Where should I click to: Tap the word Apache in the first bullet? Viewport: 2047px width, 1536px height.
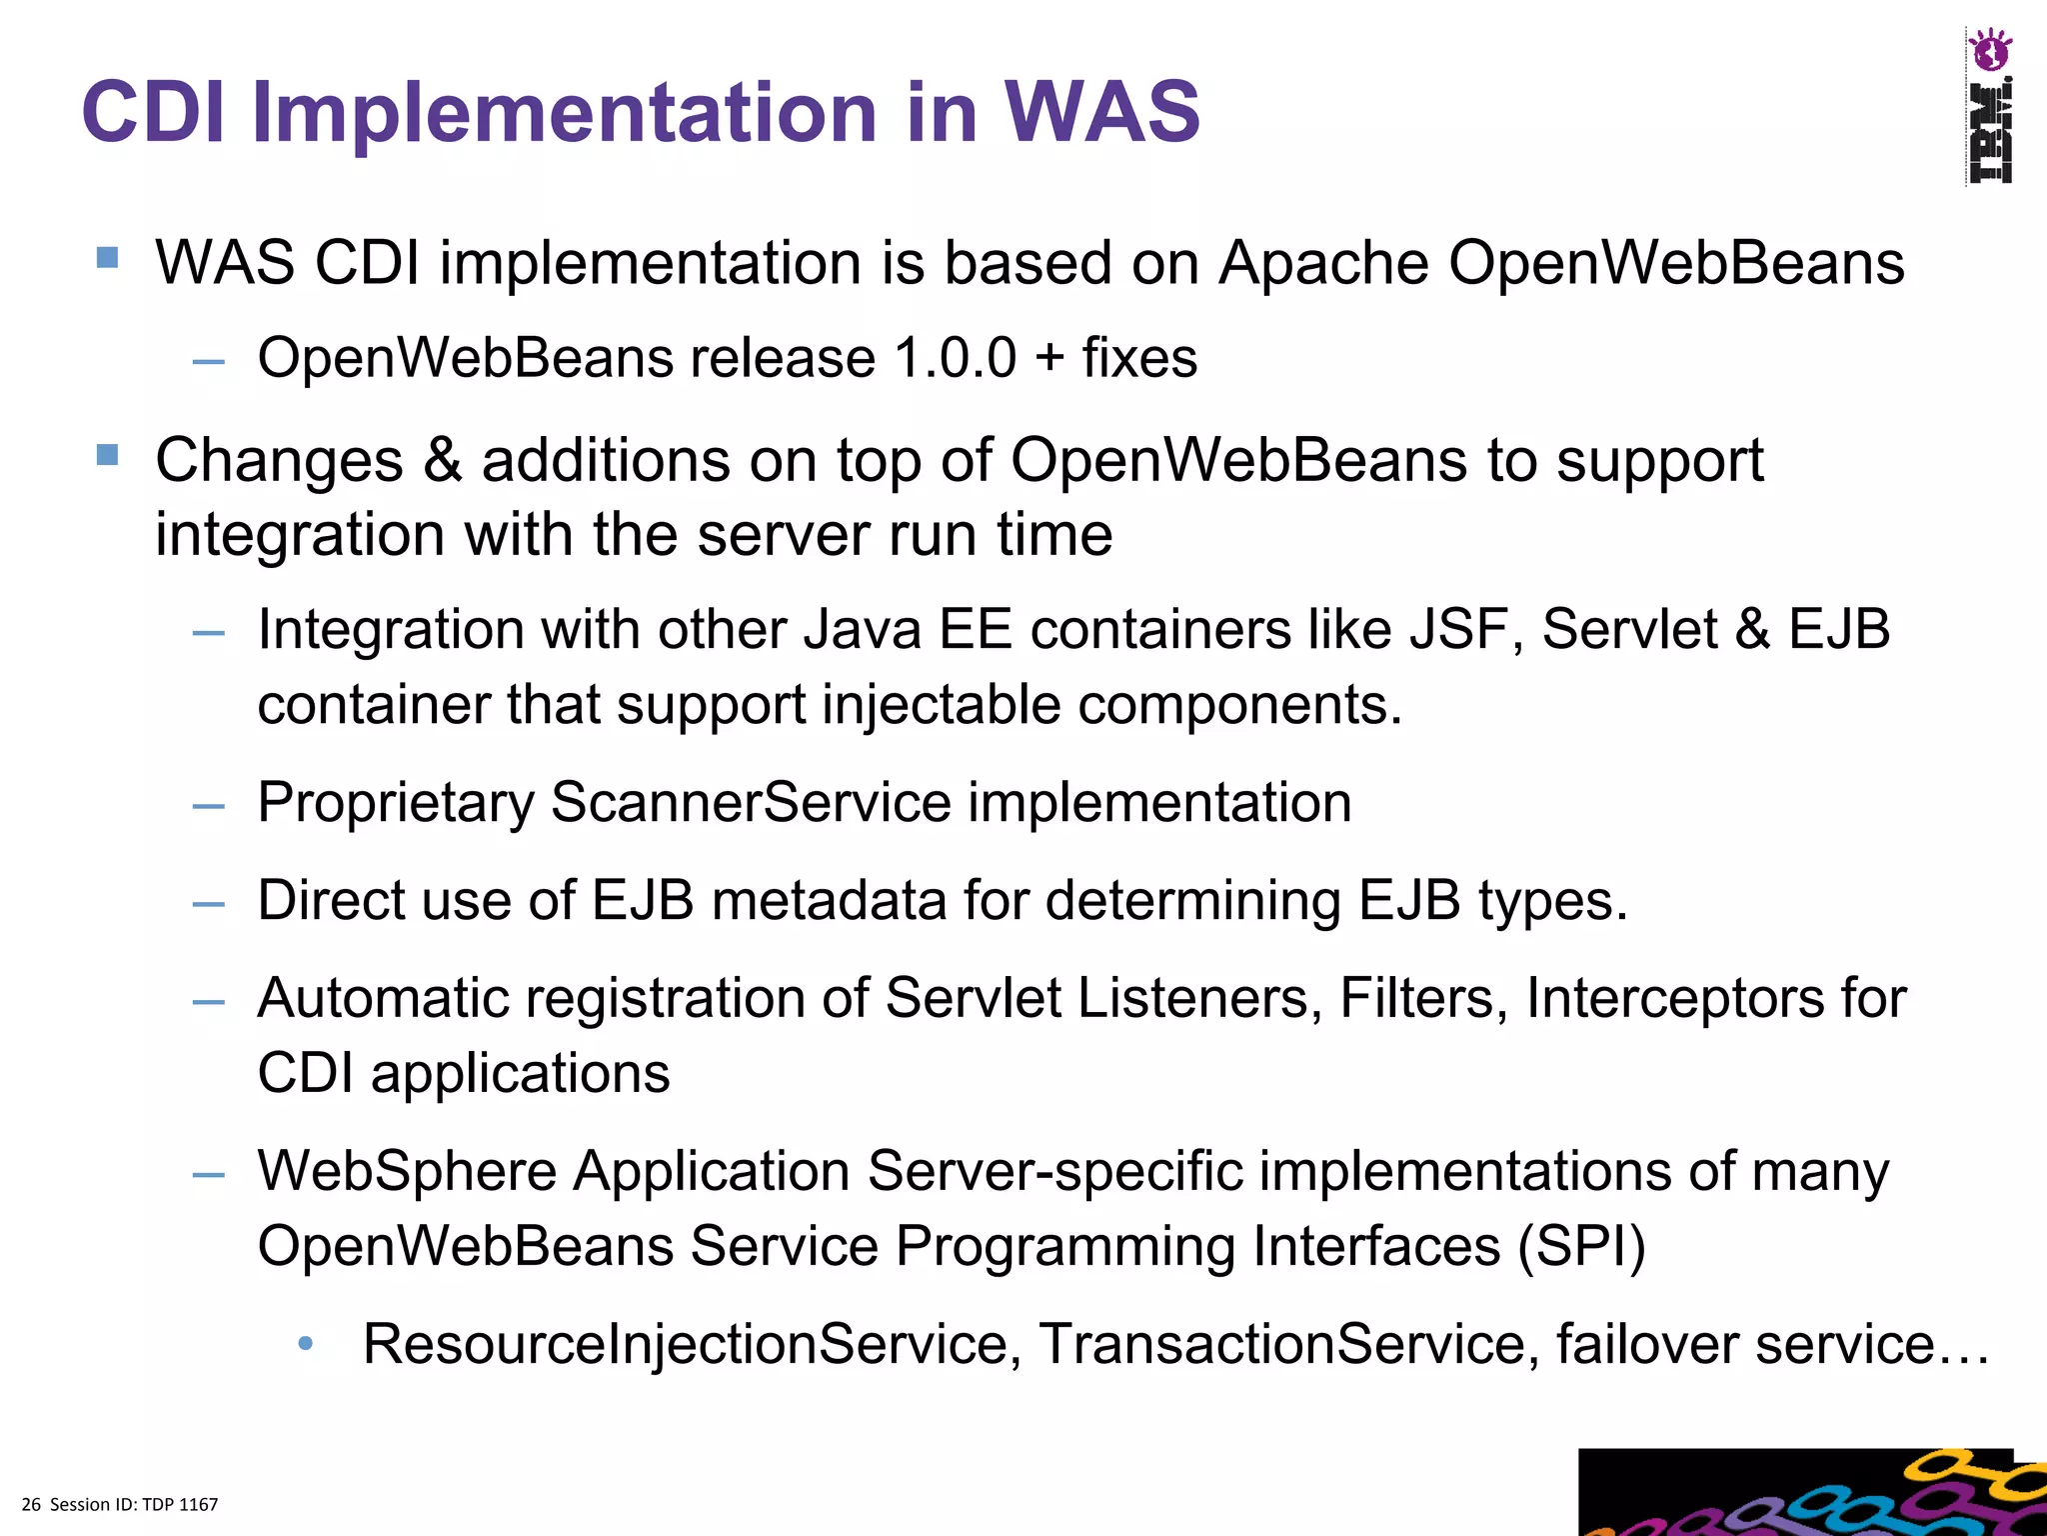(1324, 264)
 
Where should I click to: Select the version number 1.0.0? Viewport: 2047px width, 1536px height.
(955, 358)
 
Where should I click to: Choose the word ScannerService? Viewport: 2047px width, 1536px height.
(751, 803)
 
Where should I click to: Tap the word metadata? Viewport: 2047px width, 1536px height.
(828, 900)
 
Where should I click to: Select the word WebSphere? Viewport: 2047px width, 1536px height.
(407, 1171)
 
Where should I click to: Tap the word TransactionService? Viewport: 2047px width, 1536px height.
(1288, 1344)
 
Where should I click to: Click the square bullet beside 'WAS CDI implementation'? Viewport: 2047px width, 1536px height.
(108, 259)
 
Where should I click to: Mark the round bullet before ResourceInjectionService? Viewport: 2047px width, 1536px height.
(306, 1344)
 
